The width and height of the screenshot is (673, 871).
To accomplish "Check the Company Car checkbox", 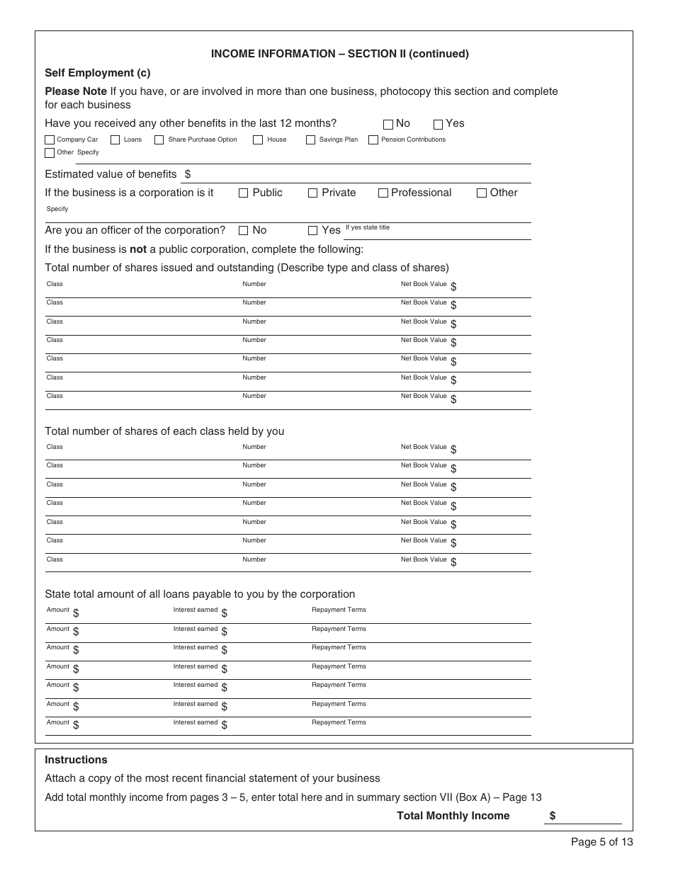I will (x=50, y=140).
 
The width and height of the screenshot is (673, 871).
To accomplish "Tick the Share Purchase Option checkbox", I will (x=159, y=140).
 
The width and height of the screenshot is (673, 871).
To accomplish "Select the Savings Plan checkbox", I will (x=310, y=140).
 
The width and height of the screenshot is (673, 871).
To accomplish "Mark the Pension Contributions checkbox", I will (x=373, y=140).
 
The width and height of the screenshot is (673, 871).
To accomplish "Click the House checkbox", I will (x=258, y=140).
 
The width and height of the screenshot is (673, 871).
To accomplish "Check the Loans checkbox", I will (x=115, y=140).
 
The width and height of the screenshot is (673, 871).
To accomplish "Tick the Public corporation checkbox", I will (x=244, y=193).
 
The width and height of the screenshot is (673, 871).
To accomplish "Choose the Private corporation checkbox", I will (x=313, y=193).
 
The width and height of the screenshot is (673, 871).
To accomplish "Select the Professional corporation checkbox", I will (x=383, y=193).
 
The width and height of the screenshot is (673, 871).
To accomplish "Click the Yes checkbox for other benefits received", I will (x=438, y=124).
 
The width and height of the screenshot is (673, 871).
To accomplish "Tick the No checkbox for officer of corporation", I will (x=244, y=230).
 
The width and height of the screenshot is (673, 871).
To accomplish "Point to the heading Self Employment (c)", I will (x=98, y=73).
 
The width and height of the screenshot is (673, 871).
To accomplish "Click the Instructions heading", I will (x=76, y=760).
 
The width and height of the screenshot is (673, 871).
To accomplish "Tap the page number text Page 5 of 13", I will (x=601, y=842).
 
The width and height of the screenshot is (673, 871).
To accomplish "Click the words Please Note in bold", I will (x=76, y=91).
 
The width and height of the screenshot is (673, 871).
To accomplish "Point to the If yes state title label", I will (x=367, y=227).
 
